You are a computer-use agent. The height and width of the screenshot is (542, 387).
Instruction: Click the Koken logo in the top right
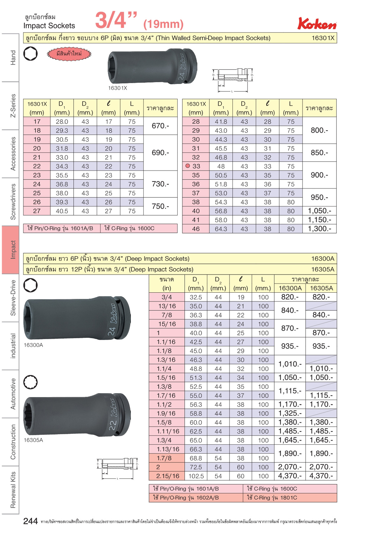(317, 24)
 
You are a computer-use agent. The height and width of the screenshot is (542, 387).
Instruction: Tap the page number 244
(31, 521)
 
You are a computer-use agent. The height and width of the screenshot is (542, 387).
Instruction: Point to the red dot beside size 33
(188, 166)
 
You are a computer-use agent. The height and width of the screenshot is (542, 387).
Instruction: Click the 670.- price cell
(160, 126)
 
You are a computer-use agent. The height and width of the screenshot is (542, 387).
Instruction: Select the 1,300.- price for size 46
(319, 229)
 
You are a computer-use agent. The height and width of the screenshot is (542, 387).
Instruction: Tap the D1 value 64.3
(221, 229)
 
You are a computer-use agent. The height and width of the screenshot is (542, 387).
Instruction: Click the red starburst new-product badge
(69, 54)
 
